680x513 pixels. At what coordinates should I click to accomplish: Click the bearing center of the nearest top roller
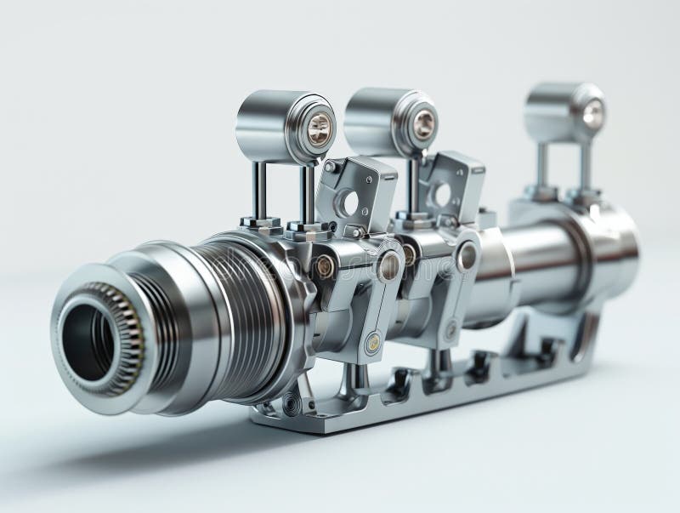tap(319, 128)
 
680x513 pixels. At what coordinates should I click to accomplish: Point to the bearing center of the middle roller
tap(422, 124)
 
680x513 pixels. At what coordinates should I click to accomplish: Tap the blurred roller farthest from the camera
tap(565, 111)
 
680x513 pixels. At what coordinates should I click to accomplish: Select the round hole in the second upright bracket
tap(442, 195)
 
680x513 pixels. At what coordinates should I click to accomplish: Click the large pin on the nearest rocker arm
tap(388, 266)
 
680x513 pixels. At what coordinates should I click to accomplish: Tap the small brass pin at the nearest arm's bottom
tap(372, 344)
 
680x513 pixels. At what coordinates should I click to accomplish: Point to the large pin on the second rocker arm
tap(467, 255)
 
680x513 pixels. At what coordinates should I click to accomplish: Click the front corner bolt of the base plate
tap(292, 406)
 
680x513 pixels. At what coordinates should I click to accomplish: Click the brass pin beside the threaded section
tap(324, 266)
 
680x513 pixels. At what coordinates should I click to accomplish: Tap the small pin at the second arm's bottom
tap(450, 328)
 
